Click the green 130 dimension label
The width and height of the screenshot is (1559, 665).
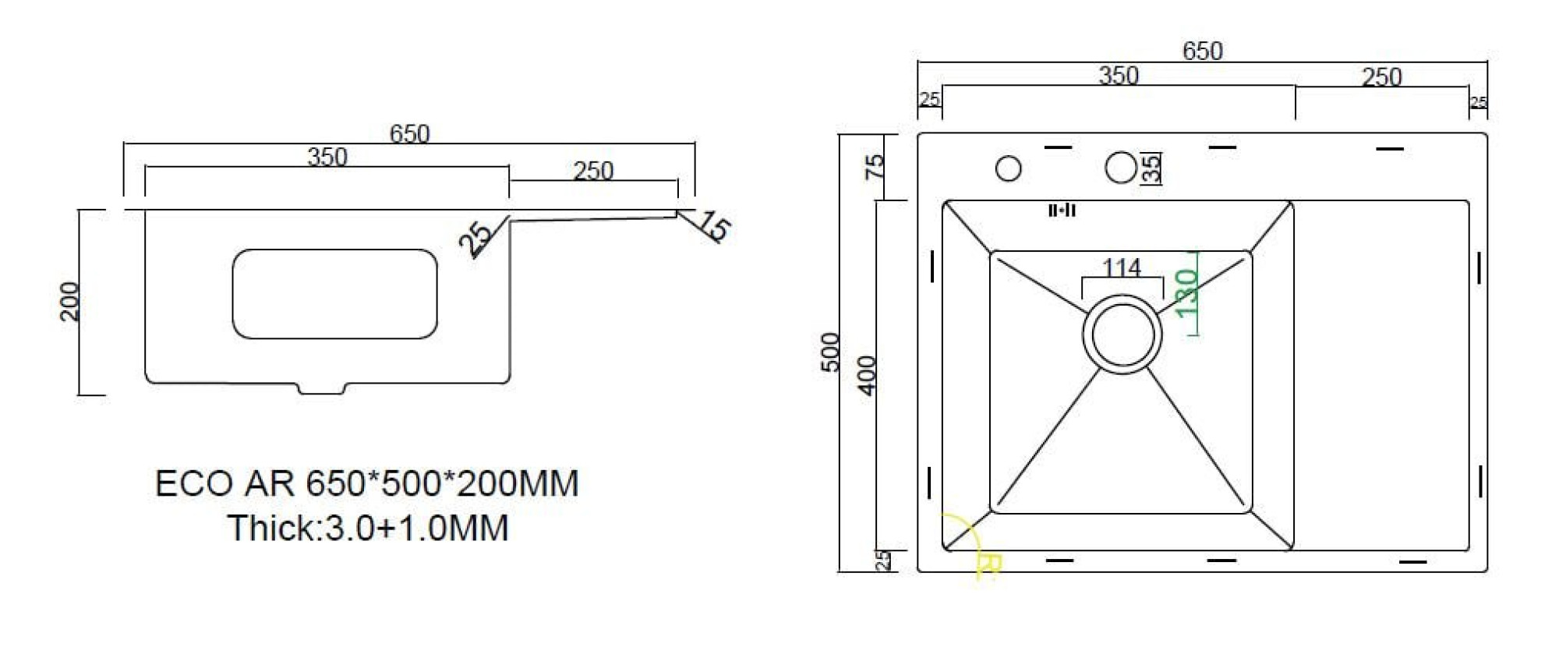[1186, 293]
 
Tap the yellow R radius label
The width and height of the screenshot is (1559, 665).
[988, 564]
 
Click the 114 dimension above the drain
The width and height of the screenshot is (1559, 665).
[1122, 268]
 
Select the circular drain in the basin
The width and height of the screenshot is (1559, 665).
[1122, 333]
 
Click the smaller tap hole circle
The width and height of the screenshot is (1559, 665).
[1009, 168]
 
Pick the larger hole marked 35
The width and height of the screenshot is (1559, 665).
[1121, 168]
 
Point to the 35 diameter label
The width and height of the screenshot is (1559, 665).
[1151, 168]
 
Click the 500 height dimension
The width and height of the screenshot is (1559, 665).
[831, 352]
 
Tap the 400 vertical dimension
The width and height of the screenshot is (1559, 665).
[867, 375]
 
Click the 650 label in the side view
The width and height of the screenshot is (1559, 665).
[409, 134]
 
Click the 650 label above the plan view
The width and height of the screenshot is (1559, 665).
[1202, 51]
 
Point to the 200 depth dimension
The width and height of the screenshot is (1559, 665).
[70, 301]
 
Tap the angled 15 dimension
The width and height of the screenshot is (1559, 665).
[714, 225]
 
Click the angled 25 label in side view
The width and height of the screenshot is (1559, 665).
[475, 237]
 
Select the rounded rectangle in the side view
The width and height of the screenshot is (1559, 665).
[334, 294]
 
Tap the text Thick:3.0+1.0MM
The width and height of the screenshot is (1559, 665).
[368, 528]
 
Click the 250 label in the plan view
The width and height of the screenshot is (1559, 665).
[1381, 77]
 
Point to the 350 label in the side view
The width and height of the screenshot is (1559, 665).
[327, 157]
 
